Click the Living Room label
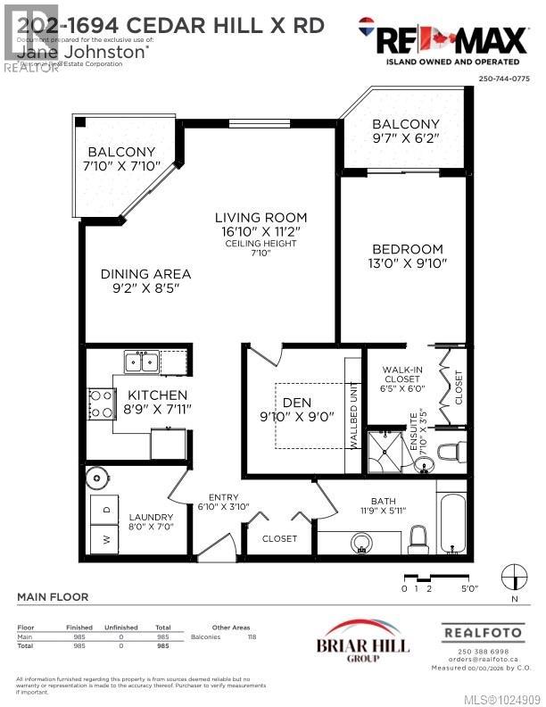[261, 217]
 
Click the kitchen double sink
[141, 362]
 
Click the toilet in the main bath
[418, 537]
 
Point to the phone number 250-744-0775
[504, 79]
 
